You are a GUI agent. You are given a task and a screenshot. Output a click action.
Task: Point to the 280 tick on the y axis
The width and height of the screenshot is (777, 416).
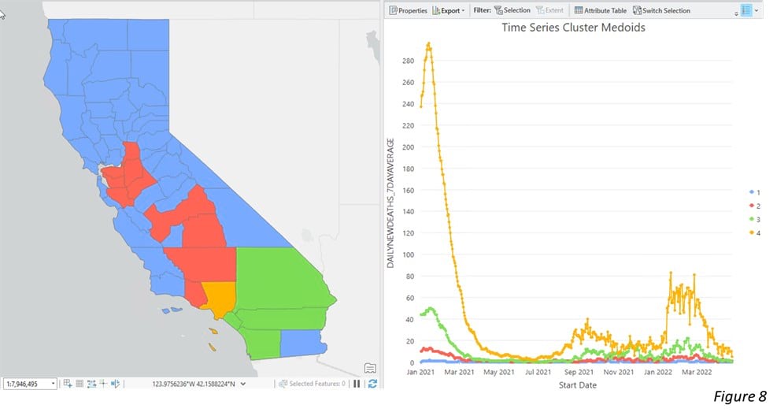407,61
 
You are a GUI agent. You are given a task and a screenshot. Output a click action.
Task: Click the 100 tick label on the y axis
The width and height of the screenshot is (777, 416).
407,254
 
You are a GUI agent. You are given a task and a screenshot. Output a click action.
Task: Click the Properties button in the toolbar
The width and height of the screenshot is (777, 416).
408,10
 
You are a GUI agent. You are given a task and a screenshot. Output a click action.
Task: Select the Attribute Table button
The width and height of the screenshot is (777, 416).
600,10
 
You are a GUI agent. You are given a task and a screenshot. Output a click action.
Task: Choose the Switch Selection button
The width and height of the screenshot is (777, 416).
661,10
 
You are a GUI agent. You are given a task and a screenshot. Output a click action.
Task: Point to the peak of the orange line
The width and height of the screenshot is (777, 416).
428,44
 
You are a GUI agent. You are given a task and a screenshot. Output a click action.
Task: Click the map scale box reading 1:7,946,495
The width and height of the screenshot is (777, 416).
30,384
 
